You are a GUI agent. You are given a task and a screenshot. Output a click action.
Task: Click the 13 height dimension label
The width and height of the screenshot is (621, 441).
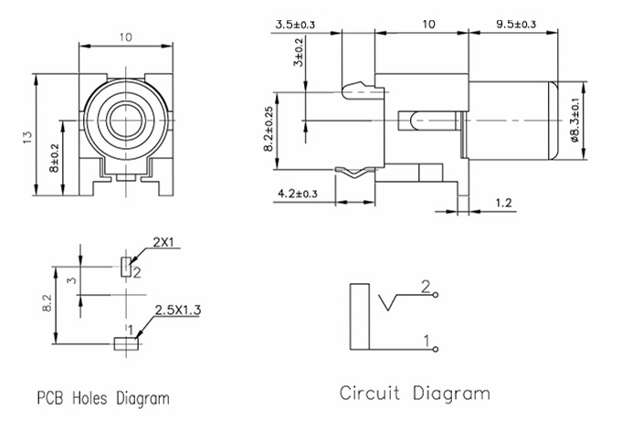[x=26, y=137]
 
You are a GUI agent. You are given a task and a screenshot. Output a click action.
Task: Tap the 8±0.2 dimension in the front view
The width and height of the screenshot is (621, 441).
[x=54, y=158]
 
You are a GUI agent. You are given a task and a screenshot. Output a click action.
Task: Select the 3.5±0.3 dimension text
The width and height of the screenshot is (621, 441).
[x=296, y=25]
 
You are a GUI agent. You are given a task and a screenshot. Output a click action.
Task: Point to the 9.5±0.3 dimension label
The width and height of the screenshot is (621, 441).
[x=516, y=24]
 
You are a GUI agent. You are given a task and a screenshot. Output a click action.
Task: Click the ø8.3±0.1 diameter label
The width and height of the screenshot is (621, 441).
[x=574, y=120]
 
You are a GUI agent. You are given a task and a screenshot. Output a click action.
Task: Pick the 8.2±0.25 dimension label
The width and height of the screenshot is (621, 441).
[x=268, y=129]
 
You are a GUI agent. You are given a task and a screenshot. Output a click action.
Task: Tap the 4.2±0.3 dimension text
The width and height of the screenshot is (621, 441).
[x=298, y=194]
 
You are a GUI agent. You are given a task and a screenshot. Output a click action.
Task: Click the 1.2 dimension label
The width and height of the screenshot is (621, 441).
[x=503, y=203]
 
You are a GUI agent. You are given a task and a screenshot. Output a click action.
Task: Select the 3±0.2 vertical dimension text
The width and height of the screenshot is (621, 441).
[x=299, y=52]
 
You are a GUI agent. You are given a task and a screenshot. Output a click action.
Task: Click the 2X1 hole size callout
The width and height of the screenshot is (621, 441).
[x=163, y=242]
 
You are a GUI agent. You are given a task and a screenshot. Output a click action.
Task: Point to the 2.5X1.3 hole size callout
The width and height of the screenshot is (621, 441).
[x=177, y=310]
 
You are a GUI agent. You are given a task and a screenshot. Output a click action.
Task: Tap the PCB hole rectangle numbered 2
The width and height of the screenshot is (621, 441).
[x=125, y=267]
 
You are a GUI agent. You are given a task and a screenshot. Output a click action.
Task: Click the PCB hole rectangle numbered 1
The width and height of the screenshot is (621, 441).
[x=126, y=343]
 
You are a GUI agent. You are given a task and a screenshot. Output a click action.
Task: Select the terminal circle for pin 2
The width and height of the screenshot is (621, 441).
[x=436, y=295]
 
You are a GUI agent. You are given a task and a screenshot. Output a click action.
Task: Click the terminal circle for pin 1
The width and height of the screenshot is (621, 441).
[x=436, y=349]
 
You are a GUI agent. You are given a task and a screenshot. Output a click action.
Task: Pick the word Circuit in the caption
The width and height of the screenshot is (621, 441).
[x=370, y=394]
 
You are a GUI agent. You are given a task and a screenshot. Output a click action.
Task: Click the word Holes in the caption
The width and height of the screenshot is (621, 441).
[x=89, y=398]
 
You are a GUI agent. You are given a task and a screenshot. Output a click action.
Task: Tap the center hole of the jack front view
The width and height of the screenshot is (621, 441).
[x=125, y=121]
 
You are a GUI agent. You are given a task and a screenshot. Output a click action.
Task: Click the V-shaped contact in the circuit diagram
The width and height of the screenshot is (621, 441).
[x=387, y=302]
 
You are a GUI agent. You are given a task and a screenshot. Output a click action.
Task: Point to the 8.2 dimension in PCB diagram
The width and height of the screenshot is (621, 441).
[x=47, y=303]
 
